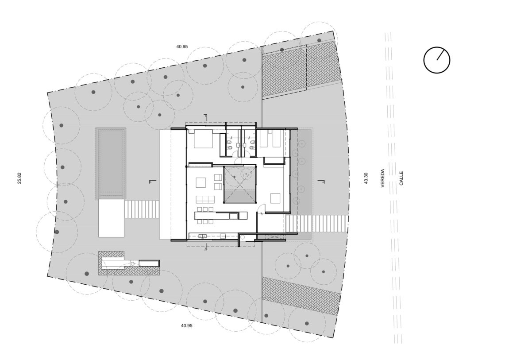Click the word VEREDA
(x=383, y=178)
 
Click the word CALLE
(x=401, y=178)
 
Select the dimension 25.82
(x=19, y=178)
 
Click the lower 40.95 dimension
(x=187, y=325)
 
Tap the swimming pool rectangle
(x=111, y=163)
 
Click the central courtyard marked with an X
(x=239, y=185)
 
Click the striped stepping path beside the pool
(x=141, y=209)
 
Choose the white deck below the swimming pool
(x=111, y=218)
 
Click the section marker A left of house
(x=151, y=182)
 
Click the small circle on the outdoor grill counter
(x=132, y=263)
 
